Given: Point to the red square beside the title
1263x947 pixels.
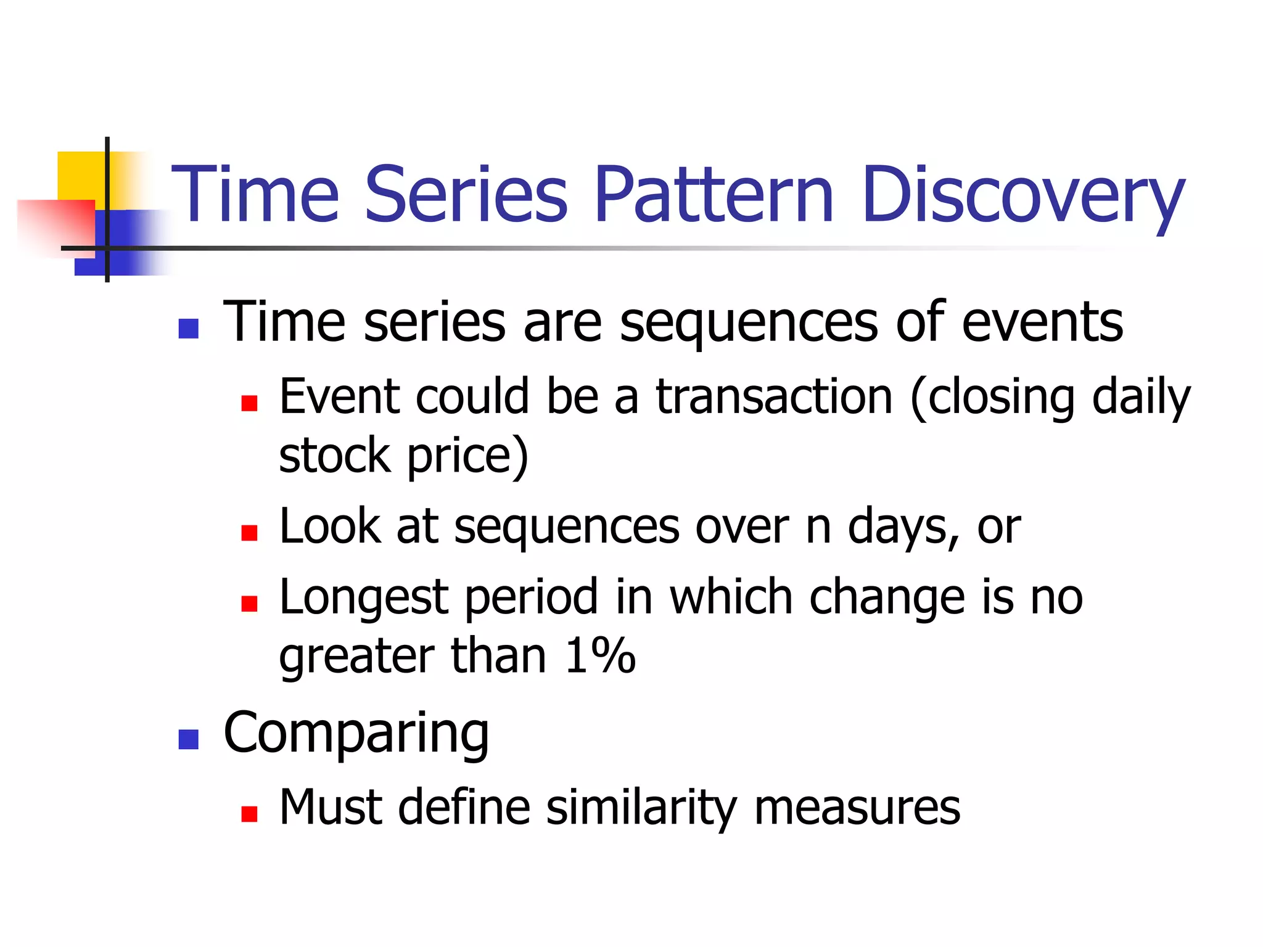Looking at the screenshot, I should click(56, 225).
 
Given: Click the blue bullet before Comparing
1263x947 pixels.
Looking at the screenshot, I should click(188, 739).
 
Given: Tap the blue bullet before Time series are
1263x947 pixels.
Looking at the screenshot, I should click(188, 329).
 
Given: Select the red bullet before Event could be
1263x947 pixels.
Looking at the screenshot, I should click(249, 403).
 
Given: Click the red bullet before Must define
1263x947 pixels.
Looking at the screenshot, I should click(249, 814).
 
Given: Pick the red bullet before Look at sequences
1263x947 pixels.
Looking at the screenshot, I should click(249, 533).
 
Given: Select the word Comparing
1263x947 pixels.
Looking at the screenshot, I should click(356, 734).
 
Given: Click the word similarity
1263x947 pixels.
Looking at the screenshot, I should click(641, 808).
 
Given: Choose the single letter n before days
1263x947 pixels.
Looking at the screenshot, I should click(818, 528).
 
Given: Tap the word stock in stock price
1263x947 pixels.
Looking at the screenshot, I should click(334, 456).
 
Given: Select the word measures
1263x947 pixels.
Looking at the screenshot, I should click(857, 808).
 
